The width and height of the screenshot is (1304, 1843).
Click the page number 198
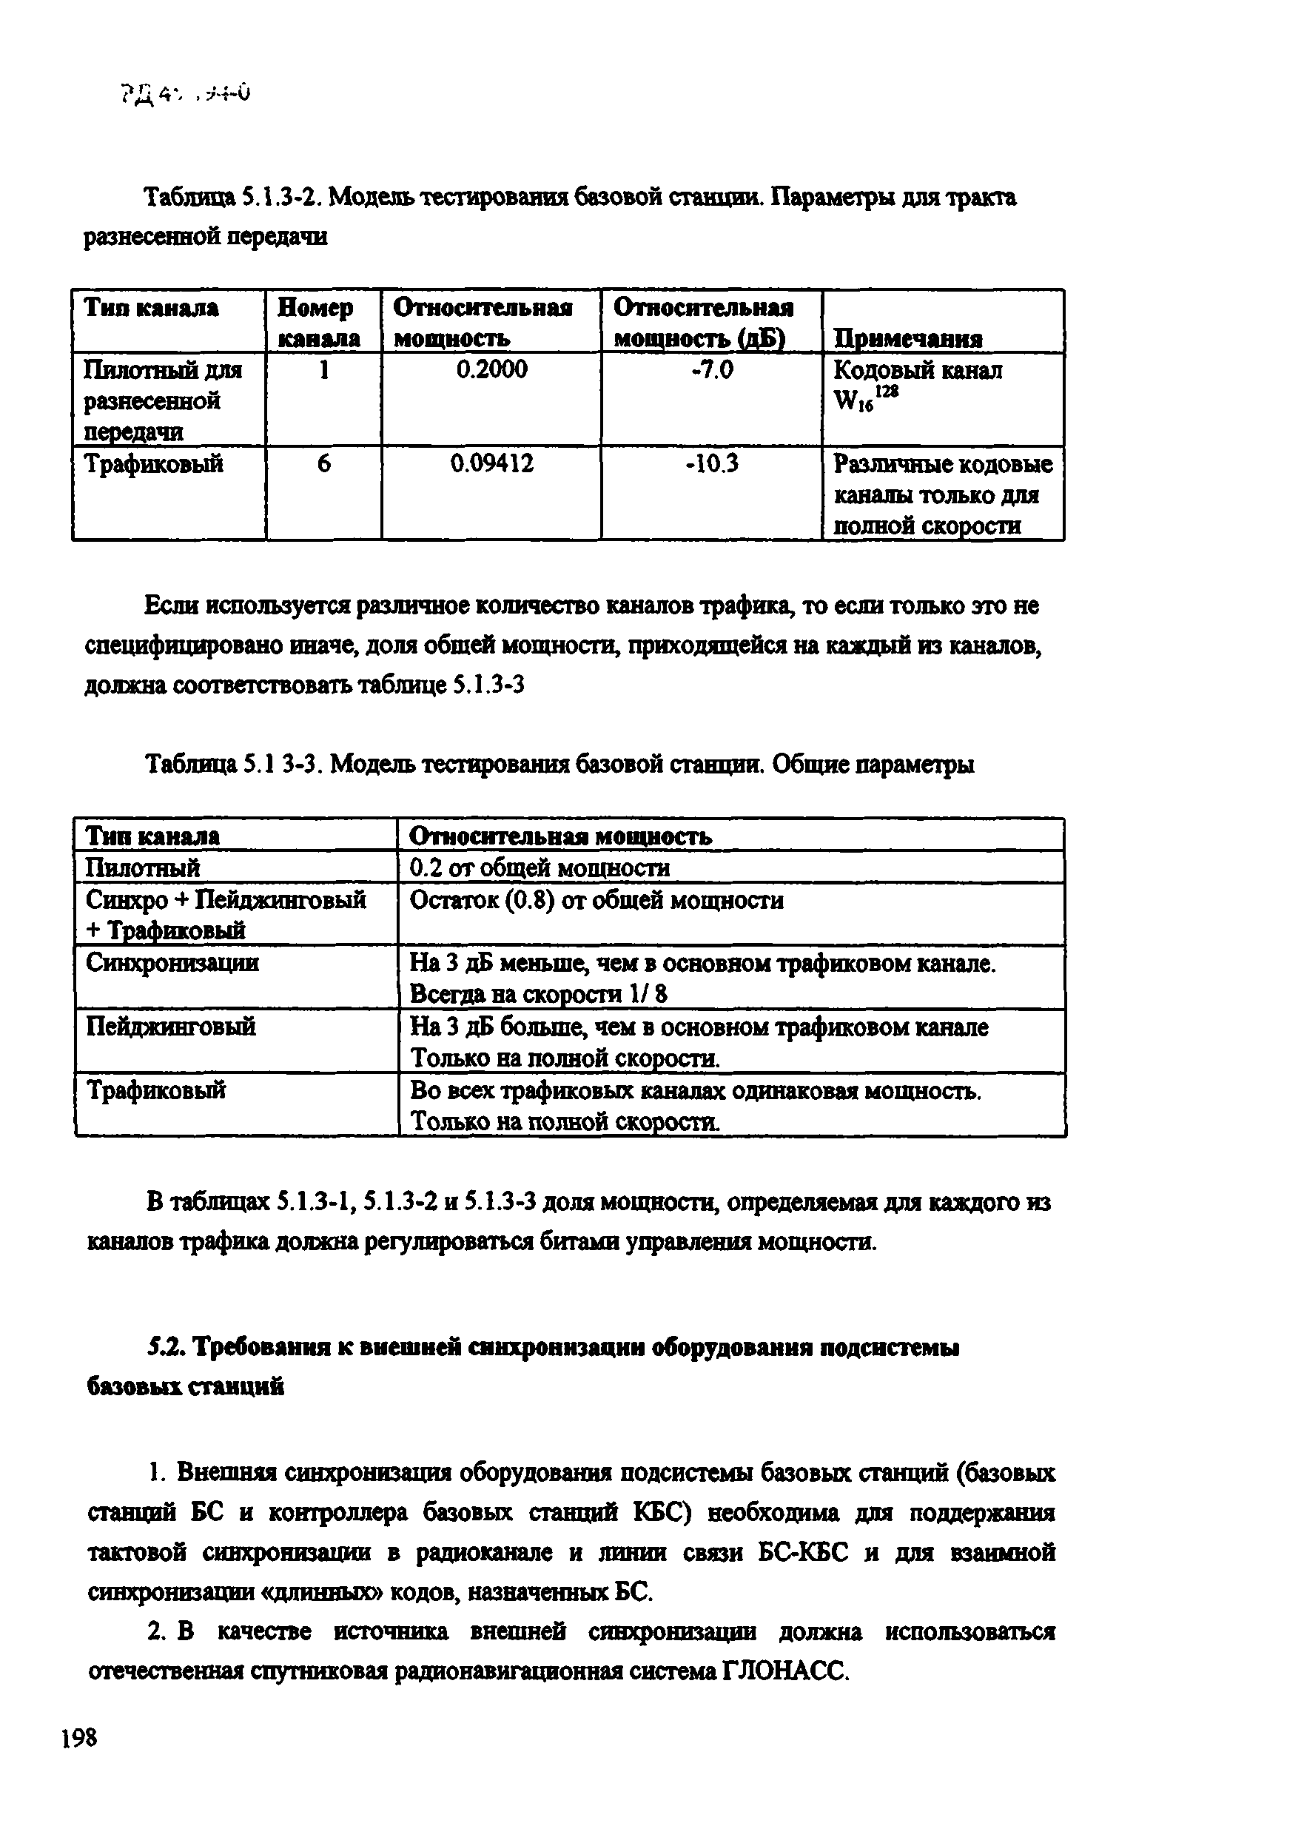pos(78,1738)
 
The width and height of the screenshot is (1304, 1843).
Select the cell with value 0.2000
pos(491,370)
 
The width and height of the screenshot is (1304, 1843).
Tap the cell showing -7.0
pos(711,370)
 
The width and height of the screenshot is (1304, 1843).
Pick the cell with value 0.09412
pos(491,464)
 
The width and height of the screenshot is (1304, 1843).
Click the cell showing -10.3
pos(711,464)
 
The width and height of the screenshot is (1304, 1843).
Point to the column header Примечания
pos(907,338)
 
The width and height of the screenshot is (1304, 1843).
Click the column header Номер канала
pos(319,323)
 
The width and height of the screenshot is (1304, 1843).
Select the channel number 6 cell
pos(323,464)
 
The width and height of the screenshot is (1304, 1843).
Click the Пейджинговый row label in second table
pos(170,1027)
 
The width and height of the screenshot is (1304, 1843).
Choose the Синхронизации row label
pos(172,962)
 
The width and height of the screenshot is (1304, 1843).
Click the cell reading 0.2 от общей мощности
pos(539,868)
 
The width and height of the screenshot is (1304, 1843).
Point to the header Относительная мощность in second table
pos(559,837)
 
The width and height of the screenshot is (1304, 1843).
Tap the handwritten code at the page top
pos(186,96)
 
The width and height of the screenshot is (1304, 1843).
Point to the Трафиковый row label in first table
pos(153,464)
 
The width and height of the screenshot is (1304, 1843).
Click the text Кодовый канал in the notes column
pos(917,370)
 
